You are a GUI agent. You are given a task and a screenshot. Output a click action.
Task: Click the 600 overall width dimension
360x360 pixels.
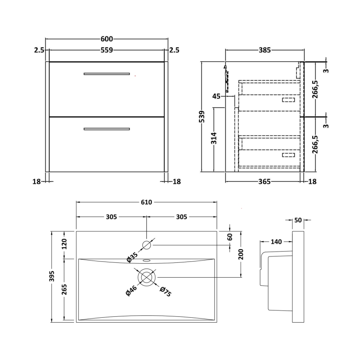click(107, 39)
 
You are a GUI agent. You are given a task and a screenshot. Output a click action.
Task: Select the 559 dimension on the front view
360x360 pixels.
click(107, 50)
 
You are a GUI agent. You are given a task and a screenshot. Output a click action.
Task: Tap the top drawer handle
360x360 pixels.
click(107, 73)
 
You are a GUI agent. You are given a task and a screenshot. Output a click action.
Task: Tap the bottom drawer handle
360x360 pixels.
click(107, 129)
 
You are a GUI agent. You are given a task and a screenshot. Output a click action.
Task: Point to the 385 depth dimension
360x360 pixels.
click(265, 50)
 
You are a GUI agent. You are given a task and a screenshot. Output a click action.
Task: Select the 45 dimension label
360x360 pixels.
click(216, 96)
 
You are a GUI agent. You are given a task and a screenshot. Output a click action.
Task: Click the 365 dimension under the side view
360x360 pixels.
click(265, 181)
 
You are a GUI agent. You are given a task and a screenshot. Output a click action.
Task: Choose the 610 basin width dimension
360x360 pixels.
click(147, 202)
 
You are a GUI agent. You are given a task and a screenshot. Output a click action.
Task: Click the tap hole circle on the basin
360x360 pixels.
click(147, 245)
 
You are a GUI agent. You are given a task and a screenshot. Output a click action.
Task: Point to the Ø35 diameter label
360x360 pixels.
click(131, 257)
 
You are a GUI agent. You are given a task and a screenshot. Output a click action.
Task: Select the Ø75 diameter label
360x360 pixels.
click(165, 292)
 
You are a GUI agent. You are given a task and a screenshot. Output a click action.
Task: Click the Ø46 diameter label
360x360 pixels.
click(129, 292)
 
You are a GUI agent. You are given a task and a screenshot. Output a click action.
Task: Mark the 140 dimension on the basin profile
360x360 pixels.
click(276, 242)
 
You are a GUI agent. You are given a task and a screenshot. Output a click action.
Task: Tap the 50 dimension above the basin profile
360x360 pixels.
click(298, 220)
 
